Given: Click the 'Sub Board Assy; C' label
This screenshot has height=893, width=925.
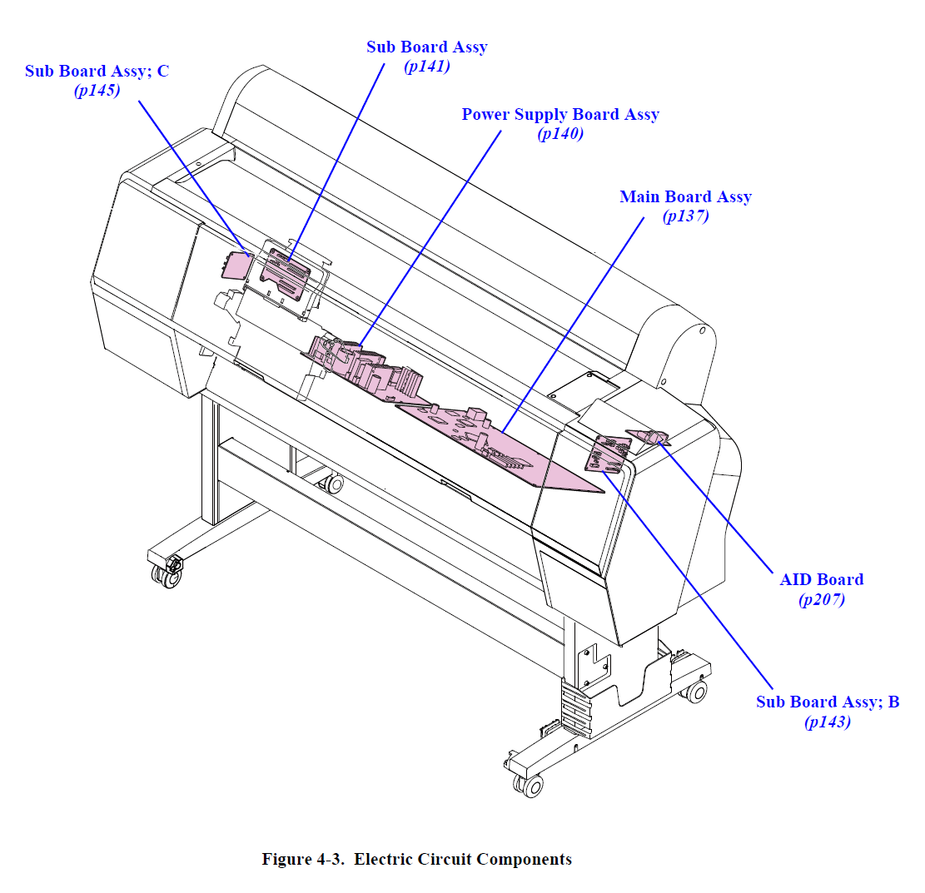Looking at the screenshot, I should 97,72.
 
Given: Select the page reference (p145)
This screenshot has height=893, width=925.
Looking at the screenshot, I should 97,91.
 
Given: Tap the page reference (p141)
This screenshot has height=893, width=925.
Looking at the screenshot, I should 426,67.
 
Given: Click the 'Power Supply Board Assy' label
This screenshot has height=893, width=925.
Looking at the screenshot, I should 560,115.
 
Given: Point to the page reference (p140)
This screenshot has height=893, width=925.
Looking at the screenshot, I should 560,133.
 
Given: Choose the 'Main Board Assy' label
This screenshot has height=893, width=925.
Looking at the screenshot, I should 685,197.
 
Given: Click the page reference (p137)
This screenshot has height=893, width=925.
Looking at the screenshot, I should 685,216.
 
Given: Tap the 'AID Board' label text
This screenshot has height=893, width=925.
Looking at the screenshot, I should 821,580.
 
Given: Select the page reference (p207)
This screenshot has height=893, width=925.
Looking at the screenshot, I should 821,599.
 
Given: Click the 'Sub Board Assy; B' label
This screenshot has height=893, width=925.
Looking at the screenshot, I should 828,702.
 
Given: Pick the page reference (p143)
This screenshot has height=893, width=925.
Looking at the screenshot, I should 828,722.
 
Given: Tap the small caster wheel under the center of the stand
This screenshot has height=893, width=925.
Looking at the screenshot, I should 336,484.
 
